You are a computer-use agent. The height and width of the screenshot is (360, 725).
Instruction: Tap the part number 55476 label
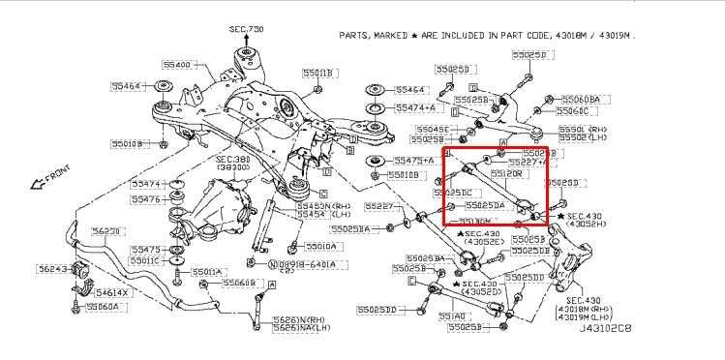pos(146,199)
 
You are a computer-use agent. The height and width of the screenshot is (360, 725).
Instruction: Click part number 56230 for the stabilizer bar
pos(106,231)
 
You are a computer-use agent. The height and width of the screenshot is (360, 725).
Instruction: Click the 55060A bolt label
pos(102,307)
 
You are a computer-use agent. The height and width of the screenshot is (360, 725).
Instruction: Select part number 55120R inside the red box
pos(534,173)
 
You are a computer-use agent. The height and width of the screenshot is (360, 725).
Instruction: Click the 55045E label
pos(432,129)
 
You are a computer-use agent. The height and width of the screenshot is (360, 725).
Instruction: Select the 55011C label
pos(146,261)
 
